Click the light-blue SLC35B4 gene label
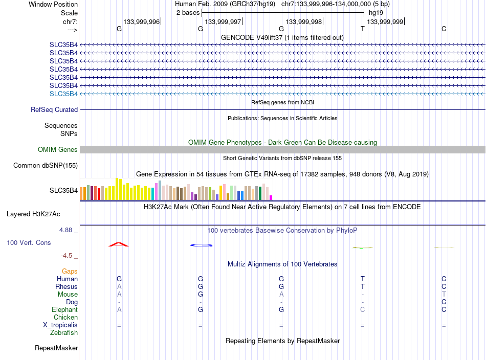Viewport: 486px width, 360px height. click(63, 94)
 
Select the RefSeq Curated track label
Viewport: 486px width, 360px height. click(54, 109)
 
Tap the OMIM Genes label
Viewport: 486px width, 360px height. click(58, 149)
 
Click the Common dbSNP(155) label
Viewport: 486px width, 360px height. click(46, 165)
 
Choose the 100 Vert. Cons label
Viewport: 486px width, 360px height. click(29, 242)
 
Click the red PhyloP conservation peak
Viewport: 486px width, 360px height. click(119, 244)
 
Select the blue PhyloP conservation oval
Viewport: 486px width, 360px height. click(201, 245)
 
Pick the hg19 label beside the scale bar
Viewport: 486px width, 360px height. click(375, 12)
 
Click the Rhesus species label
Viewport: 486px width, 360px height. click(67, 286)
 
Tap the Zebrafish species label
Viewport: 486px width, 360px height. click(64, 332)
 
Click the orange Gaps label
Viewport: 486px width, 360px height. click(70, 271)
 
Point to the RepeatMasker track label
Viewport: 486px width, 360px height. click(56, 348)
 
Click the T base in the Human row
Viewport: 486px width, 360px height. click(363, 279)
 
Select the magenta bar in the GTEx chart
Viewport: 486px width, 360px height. click(271, 197)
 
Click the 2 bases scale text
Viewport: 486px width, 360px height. click(188, 12)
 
